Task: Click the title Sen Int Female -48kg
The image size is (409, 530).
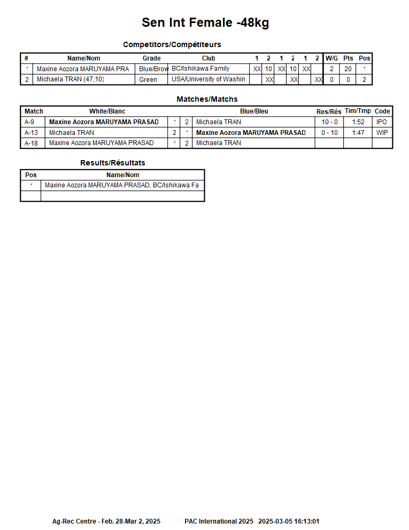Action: click(205, 22)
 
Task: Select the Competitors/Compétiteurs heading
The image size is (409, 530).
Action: click(172, 44)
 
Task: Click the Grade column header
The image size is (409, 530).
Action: click(151, 58)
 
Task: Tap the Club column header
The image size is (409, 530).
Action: click(209, 58)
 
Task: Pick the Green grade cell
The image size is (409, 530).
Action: click(148, 80)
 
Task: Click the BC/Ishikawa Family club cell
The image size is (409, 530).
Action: click(200, 69)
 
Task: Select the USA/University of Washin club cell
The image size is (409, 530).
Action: click(208, 80)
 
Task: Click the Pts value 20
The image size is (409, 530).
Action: click(348, 69)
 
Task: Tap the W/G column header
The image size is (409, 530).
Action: click(331, 58)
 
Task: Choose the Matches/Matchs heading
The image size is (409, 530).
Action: click(207, 99)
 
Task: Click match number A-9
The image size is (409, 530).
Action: click(29, 122)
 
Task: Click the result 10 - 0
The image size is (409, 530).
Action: click(329, 122)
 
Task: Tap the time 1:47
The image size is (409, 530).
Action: click(358, 133)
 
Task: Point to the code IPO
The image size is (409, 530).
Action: click(381, 122)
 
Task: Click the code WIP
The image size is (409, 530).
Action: click(382, 133)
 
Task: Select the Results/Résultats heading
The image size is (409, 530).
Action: click(112, 163)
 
